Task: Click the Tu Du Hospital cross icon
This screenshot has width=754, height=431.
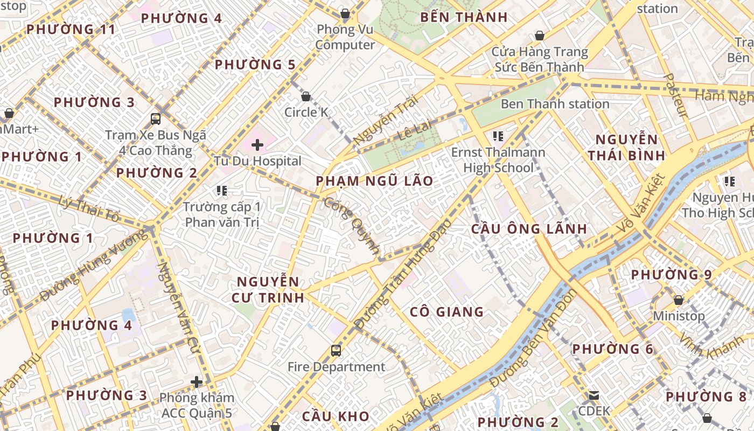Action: tap(257, 144)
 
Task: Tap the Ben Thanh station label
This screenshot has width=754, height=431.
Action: tap(555, 104)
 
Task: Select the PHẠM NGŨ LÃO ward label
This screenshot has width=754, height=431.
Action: tap(374, 181)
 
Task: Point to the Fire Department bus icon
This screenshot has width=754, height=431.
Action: tap(336, 351)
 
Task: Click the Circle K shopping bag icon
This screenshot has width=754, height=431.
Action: tap(306, 96)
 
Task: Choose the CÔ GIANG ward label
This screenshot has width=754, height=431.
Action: tap(446, 312)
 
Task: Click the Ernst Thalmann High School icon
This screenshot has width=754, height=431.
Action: tap(498, 136)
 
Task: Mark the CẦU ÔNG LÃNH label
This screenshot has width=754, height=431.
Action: tap(529, 228)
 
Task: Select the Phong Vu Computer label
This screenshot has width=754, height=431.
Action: tap(345, 37)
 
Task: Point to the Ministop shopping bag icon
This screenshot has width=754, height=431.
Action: tap(679, 300)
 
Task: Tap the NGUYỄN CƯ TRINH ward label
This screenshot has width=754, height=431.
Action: tap(268, 289)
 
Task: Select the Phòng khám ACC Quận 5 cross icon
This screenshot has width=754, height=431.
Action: tap(197, 382)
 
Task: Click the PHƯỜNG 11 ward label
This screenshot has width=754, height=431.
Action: tap(71, 29)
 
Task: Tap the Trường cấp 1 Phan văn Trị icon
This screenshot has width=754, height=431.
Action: tap(221, 190)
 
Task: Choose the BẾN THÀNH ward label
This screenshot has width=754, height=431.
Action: tap(464, 17)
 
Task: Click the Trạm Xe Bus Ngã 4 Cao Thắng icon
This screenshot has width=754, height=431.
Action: tap(156, 119)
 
